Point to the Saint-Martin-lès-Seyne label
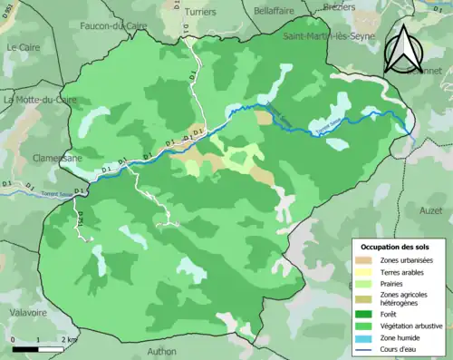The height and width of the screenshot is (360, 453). [x=327, y=36]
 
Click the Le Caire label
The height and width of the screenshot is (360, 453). [x=24, y=46]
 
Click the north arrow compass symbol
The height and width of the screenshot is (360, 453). [x=405, y=47]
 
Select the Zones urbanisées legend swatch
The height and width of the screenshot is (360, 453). [x=365, y=261]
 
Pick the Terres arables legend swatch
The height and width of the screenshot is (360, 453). [x=365, y=272]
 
